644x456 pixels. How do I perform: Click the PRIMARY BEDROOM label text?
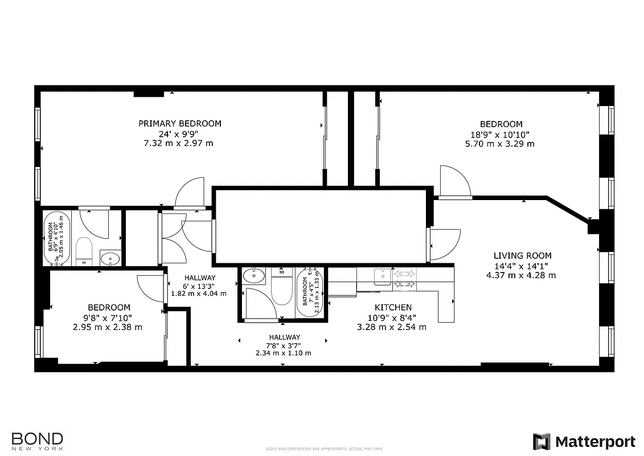pyautogui.click(x=180, y=123)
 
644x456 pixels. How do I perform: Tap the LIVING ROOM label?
pyautogui.click(x=522, y=256)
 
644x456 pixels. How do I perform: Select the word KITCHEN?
pyautogui.click(x=393, y=308)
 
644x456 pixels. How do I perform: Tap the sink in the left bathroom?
pyautogui.click(x=109, y=259)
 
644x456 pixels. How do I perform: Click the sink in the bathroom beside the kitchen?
pyautogui.click(x=253, y=276)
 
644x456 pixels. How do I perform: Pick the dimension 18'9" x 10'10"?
pyautogui.click(x=501, y=135)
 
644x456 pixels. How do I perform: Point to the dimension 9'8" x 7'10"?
pyautogui.click(x=108, y=317)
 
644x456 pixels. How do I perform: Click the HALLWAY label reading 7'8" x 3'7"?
pyautogui.click(x=284, y=345)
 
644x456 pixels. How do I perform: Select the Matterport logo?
pyautogui.click(x=584, y=442)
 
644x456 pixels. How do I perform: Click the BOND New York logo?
pyautogui.click(x=38, y=441)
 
